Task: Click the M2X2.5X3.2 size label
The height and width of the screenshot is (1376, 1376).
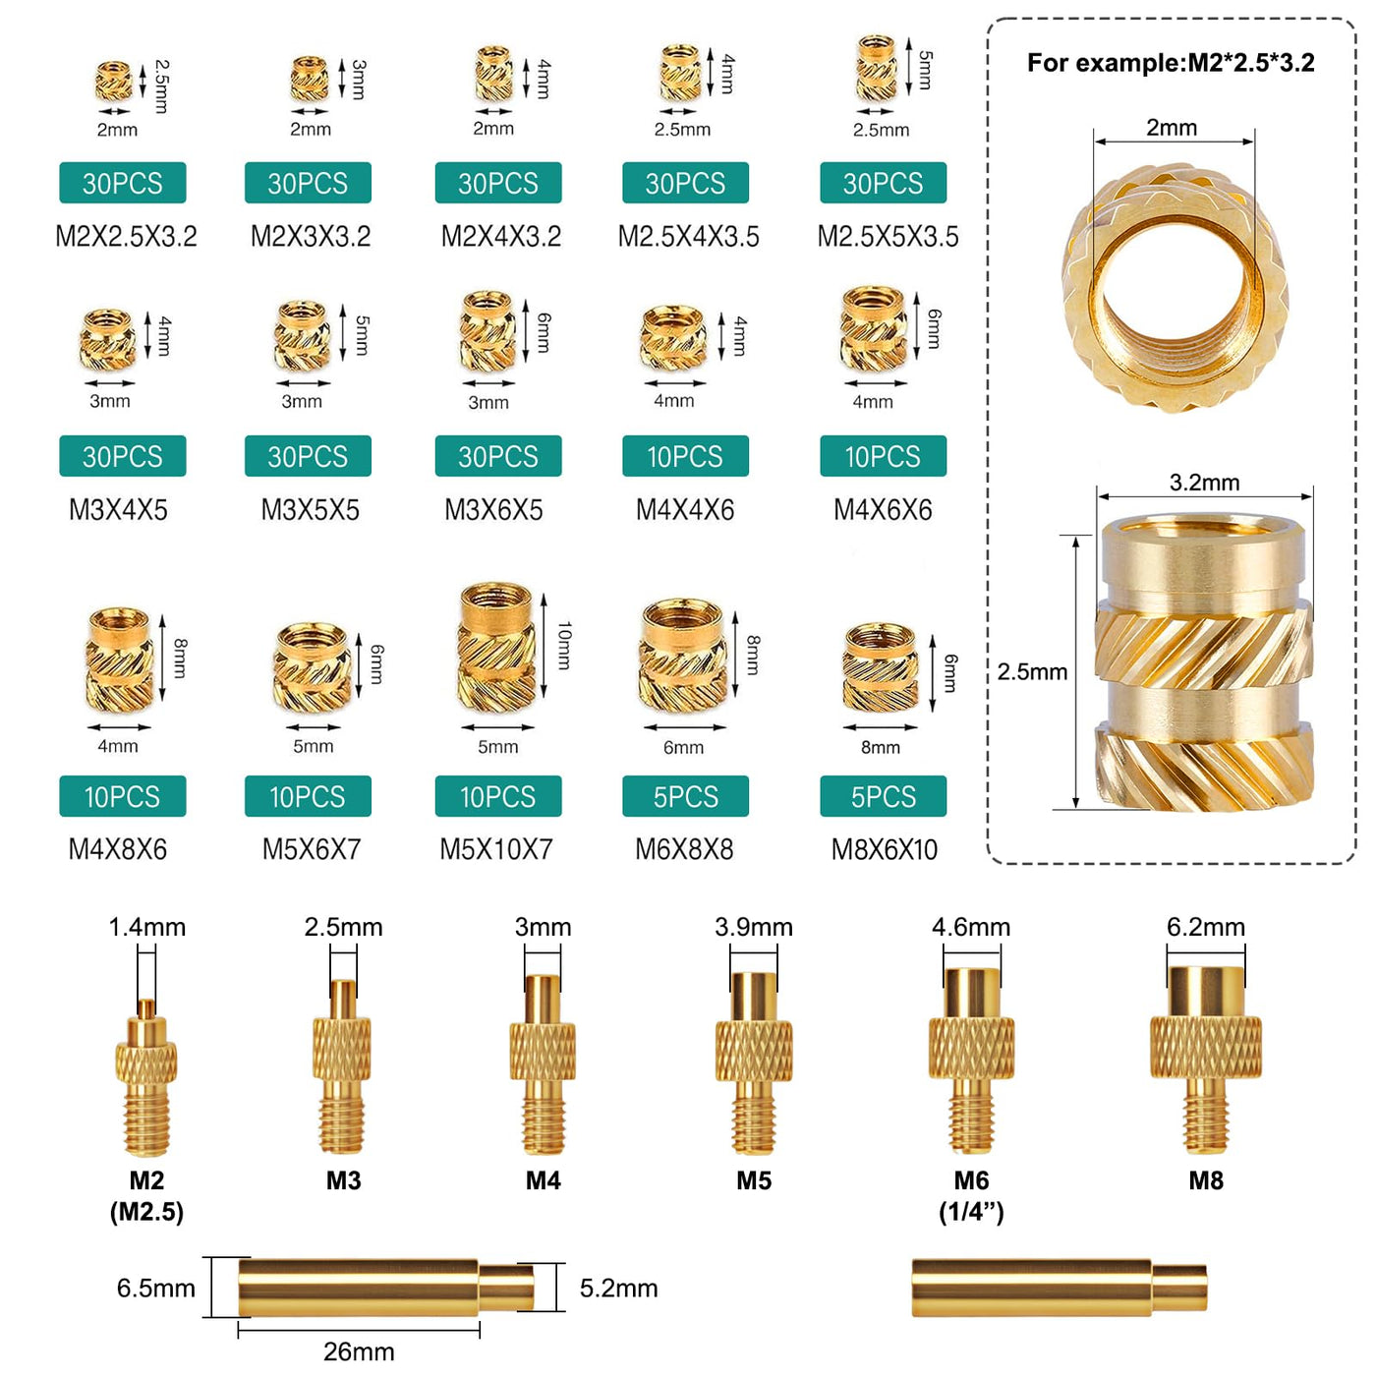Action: pyautogui.click(x=126, y=236)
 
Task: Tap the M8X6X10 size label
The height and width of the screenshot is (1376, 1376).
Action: pyautogui.click(x=884, y=850)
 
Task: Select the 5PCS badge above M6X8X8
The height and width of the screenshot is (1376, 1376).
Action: pyautogui.click(x=685, y=796)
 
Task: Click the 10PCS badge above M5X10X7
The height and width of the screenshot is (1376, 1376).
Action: pyautogui.click(x=497, y=796)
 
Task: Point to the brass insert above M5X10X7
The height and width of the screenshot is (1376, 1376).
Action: pyautogui.click(x=497, y=647)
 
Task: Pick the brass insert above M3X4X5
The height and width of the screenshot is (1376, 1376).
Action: pyautogui.click(x=108, y=338)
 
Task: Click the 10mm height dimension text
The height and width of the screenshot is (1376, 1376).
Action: pyautogui.click(x=564, y=646)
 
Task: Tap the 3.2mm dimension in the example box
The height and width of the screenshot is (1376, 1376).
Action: pyautogui.click(x=1204, y=482)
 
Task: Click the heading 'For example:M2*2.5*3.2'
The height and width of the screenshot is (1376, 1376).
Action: pyautogui.click(x=1171, y=63)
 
